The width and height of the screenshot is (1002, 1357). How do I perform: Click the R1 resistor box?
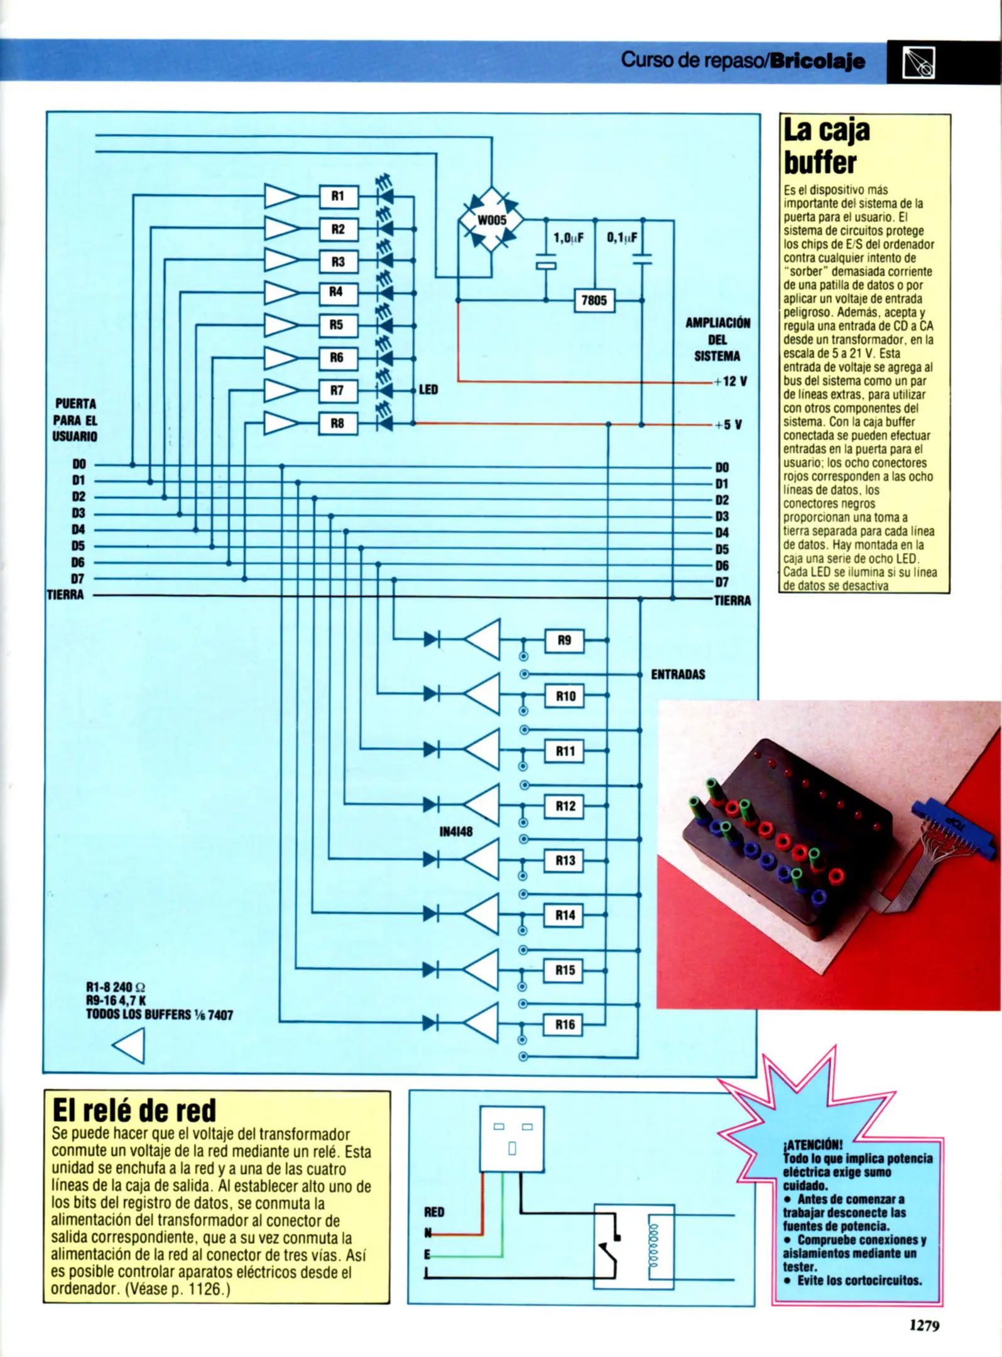point(338,197)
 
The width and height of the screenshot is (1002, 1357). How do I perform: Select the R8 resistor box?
point(338,423)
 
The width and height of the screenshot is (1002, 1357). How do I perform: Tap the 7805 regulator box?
point(594,300)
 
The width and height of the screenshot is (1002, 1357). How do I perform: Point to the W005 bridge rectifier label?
point(491,221)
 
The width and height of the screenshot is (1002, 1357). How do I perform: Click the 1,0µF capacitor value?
point(568,238)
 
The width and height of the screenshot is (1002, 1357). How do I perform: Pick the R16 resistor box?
point(564,1025)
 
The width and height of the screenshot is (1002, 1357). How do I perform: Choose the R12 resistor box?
point(564,806)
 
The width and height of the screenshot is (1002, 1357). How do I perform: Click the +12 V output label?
point(730,381)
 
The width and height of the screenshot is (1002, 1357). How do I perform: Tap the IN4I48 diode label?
point(455,832)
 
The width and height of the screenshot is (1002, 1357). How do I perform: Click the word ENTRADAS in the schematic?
point(678,675)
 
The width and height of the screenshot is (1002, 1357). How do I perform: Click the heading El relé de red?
point(134,1111)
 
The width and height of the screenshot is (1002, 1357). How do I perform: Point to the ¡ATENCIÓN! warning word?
point(813,1145)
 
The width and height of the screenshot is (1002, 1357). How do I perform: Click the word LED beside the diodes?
point(428,390)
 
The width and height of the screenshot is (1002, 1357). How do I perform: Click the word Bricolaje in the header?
point(817,61)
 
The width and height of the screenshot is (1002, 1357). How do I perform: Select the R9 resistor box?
point(564,641)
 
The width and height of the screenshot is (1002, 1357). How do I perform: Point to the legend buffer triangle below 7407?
point(130,1046)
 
